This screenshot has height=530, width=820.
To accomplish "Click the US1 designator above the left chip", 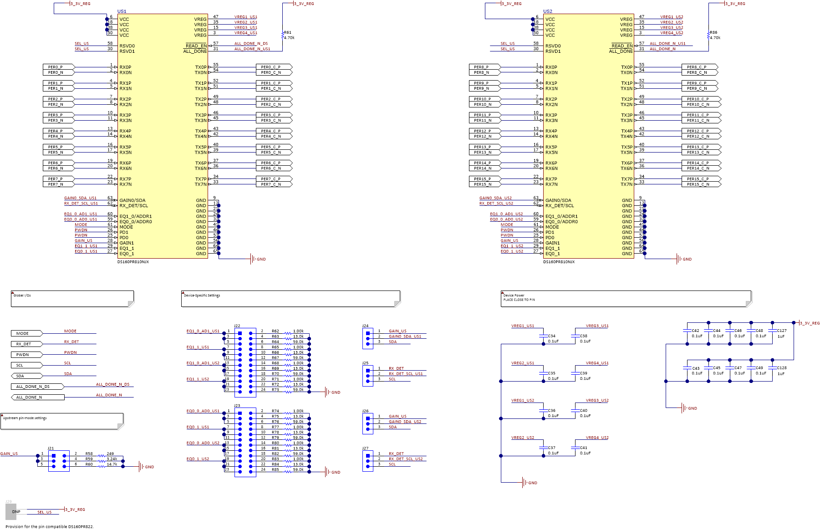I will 122,11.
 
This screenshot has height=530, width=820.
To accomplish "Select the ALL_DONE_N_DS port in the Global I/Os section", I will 36,387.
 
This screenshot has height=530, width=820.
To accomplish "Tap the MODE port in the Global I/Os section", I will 25,333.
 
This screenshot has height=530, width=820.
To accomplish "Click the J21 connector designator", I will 51,448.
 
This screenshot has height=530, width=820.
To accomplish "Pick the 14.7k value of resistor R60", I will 112,464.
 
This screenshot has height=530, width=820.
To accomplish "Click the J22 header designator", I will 237,326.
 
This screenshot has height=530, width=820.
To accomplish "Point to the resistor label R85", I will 275,469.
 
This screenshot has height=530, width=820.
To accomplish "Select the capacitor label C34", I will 552,336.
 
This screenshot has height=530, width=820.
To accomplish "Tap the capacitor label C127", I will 782,331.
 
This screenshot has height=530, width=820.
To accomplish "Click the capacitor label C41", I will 584,448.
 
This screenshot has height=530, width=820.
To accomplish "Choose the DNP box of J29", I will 11,511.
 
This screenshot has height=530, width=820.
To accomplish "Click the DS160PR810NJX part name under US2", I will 559,262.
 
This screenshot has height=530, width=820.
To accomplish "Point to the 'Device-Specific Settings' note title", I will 202,296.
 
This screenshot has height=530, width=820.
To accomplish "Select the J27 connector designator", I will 365,448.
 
